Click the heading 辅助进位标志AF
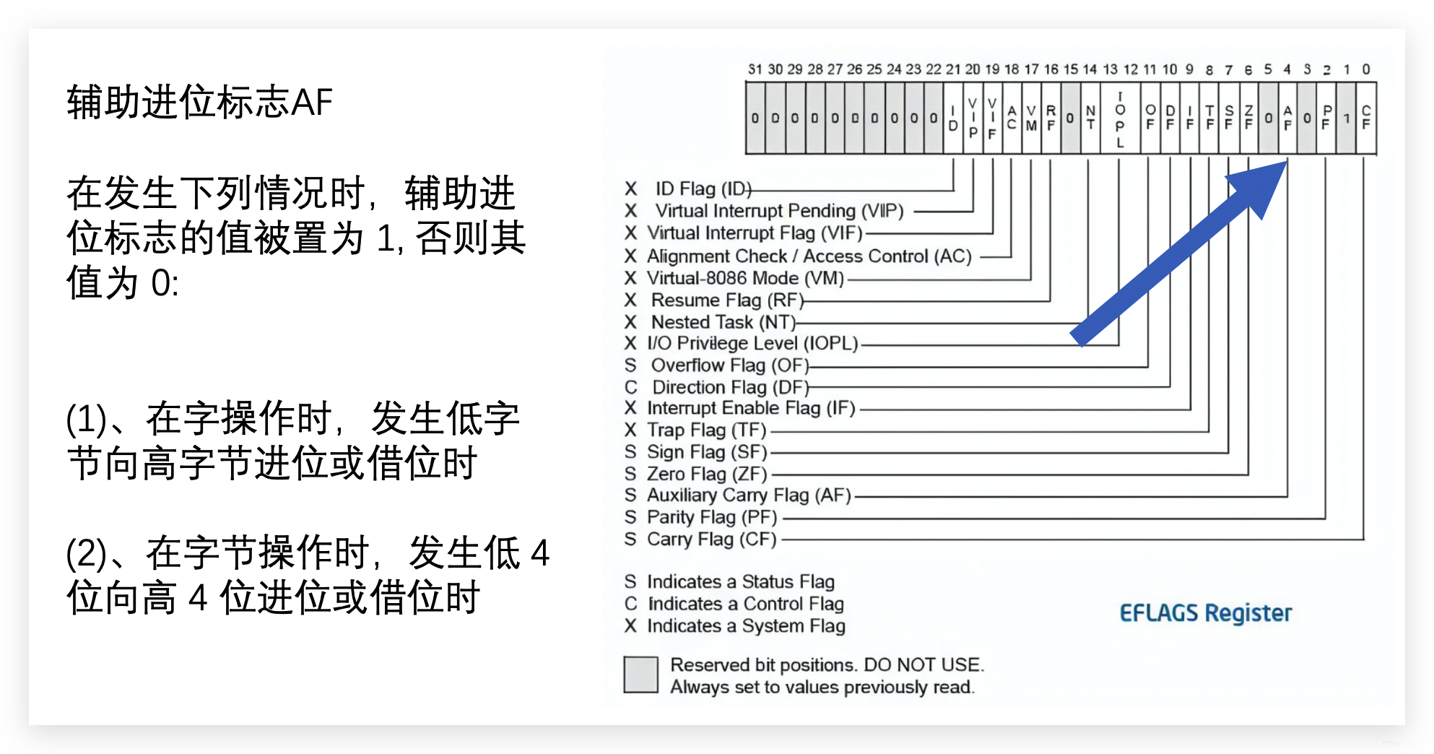pyautogui.click(x=199, y=102)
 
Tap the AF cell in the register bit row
pyautogui.click(x=1287, y=118)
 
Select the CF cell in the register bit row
pyautogui.click(x=1366, y=118)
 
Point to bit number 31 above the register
pyautogui.click(x=755, y=69)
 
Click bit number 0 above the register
pyautogui.click(x=1366, y=69)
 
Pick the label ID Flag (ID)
pyautogui.click(x=703, y=189)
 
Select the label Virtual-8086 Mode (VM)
pyautogui.click(x=745, y=278)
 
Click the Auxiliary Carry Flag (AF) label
pyautogui.click(x=749, y=495)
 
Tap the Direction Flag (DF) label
pyautogui.click(x=730, y=387)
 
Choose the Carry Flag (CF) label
pyautogui.click(x=711, y=539)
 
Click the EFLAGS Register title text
pyautogui.click(x=1205, y=613)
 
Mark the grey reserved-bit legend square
pyautogui.click(x=640, y=675)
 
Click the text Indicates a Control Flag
pyautogui.click(x=745, y=604)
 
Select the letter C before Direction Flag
pyautogui.click(x=631, y=387)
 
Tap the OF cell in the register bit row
pyautogui.click(x=1150, y=118)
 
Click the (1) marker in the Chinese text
pyautogui.click(x=86, y=419)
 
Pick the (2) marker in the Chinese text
pyautogui.click(x=86, y=554)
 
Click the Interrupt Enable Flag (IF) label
pyautogui.click(x=751, y=408)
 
